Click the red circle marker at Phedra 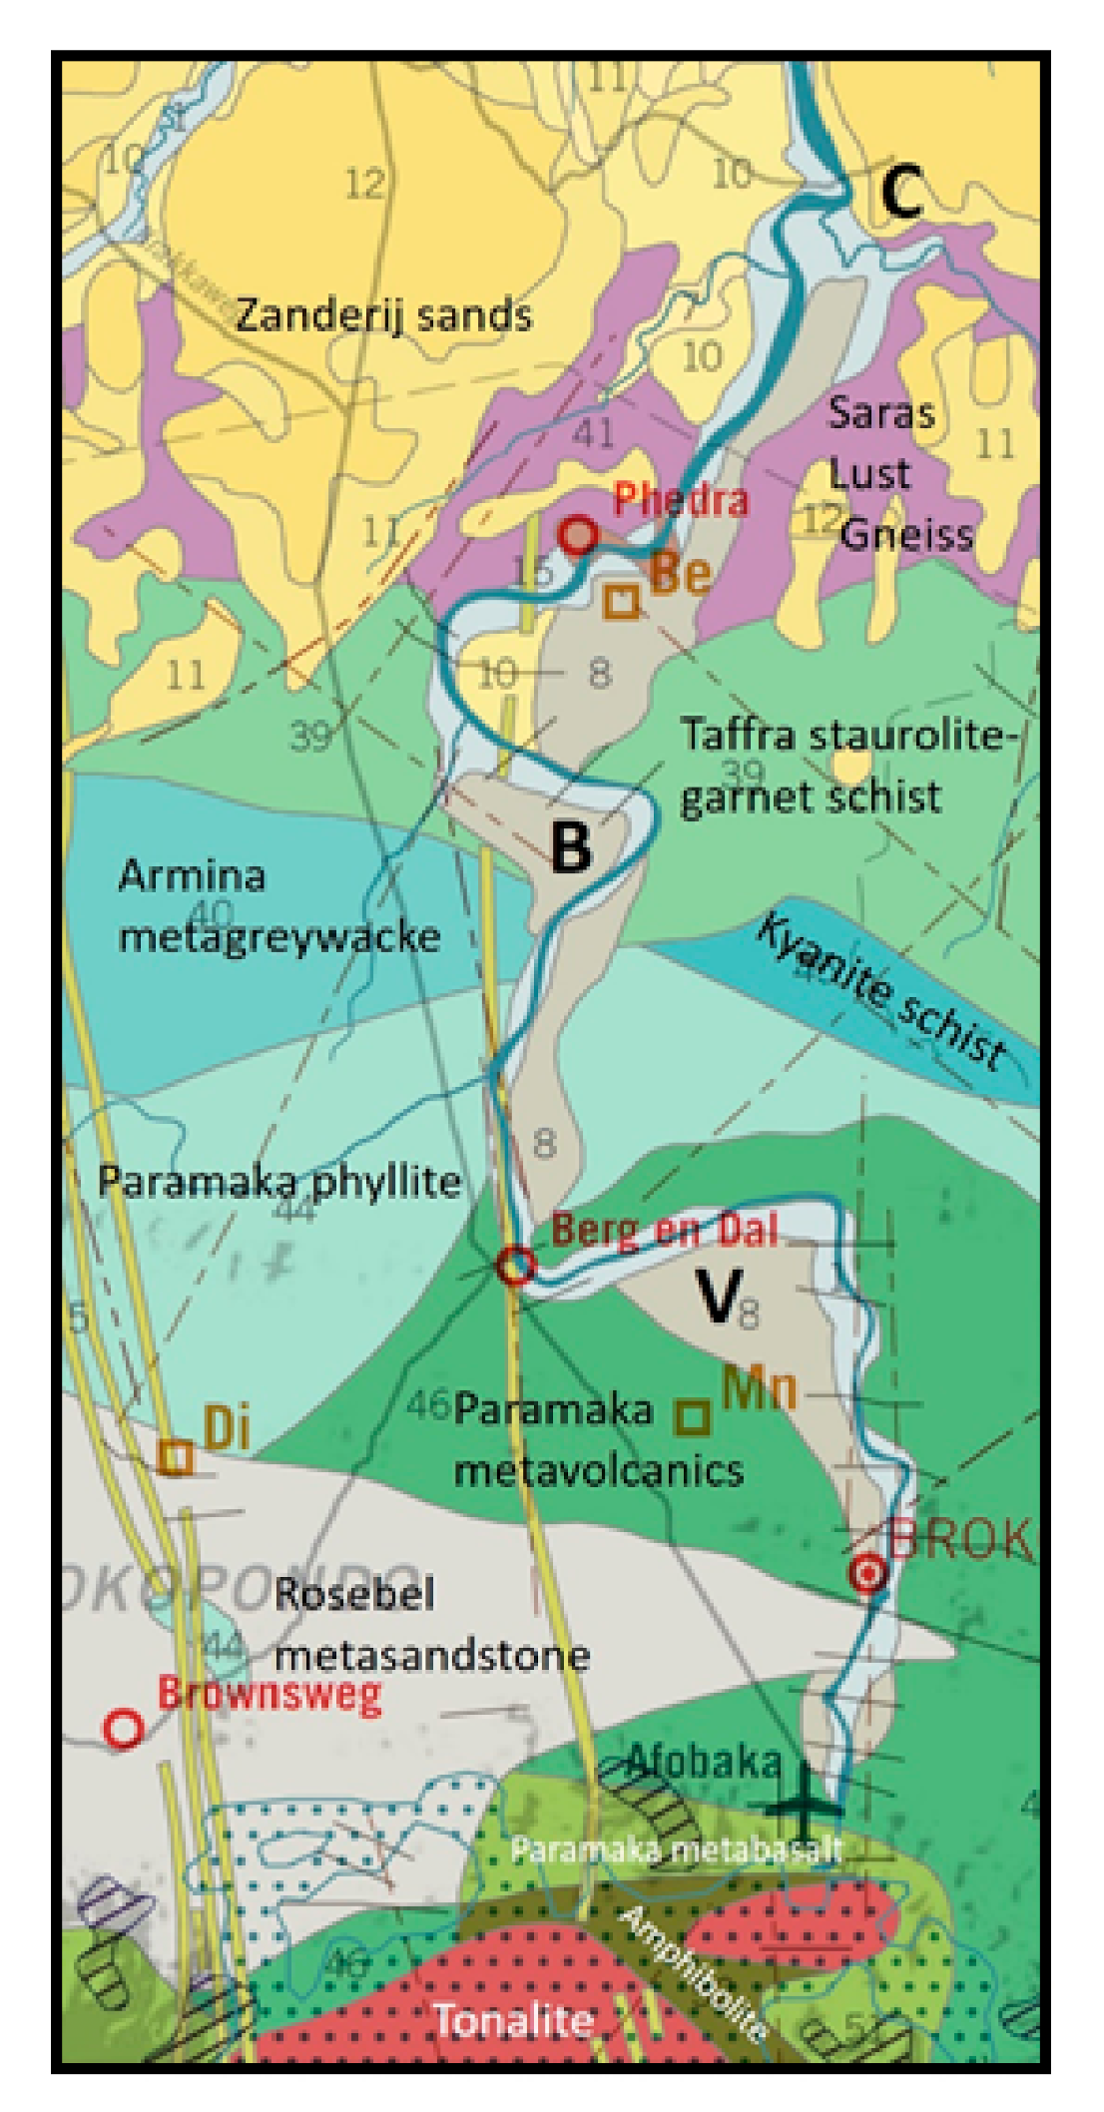click(577, 535)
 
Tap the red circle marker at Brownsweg click(124, 1728)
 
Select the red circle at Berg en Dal click(516, 1266)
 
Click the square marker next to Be click(622, 600)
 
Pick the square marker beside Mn click(693, 1415)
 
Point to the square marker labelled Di click(176, 1456)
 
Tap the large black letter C click(900, 193)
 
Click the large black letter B click(571, 846)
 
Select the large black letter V click(718, 1296)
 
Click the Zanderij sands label click(383, 315)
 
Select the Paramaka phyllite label click(278, 1182)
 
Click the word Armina click(192, 876)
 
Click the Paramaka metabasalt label click(677, 1849)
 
